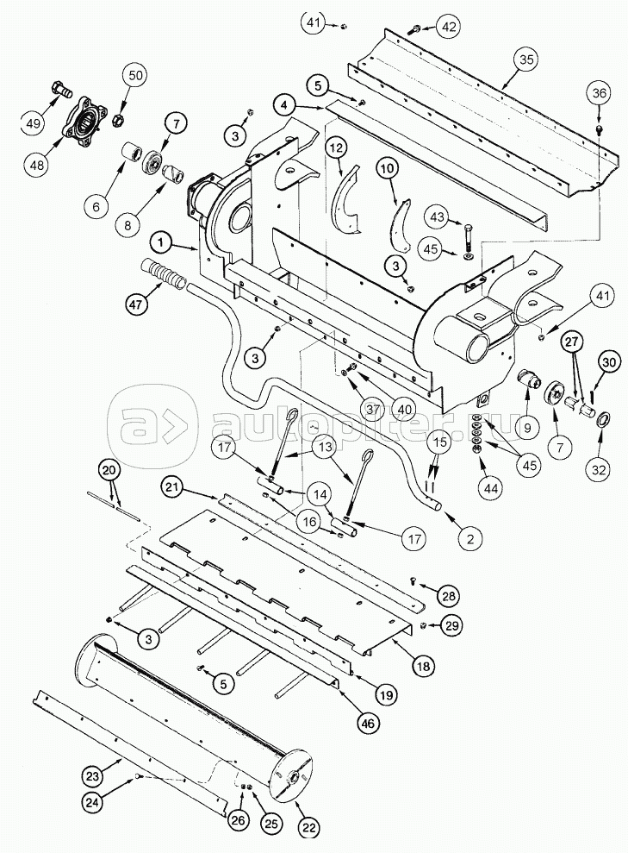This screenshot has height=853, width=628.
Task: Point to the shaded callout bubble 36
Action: (x=600, y=93)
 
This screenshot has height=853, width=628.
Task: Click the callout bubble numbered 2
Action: (x=469, y=541)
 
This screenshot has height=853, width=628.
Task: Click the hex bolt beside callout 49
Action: (x=62, y=88)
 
